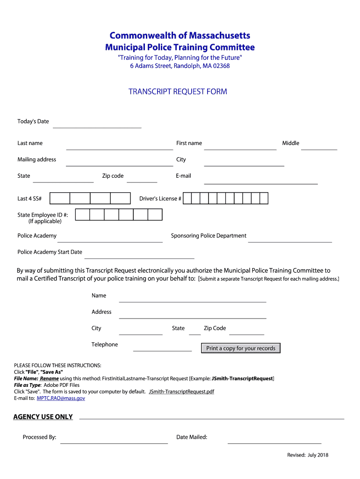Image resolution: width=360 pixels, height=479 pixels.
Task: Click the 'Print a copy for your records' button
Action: (x=241, y=348)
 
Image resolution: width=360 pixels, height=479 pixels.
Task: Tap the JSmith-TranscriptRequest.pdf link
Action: (x=181, y=392)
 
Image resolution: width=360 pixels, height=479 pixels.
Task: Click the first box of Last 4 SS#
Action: (x=60, y=198)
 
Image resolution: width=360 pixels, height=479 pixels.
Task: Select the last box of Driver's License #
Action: (x=264, y=198)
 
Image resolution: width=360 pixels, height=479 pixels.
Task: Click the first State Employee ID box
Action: (x=82, y=215)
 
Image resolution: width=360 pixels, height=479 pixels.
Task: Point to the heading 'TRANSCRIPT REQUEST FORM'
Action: (x=178, y=92)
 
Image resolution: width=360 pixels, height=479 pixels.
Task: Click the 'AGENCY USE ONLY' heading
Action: (x=43, y=417)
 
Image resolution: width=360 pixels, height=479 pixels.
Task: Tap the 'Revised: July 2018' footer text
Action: (x=308, y=455)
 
